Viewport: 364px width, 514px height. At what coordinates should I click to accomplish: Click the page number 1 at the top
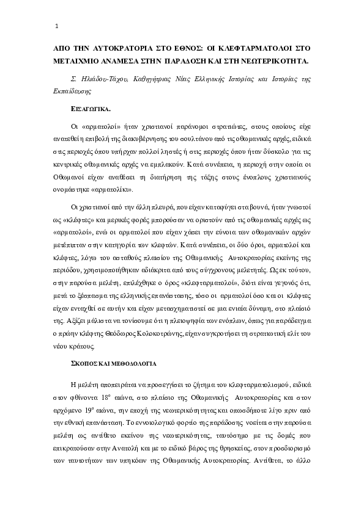click(56, 26)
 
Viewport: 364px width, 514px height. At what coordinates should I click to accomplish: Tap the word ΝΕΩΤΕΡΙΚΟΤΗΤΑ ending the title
click(275, 62)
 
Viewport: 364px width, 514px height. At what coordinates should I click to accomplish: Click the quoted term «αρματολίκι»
click(108, 189)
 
